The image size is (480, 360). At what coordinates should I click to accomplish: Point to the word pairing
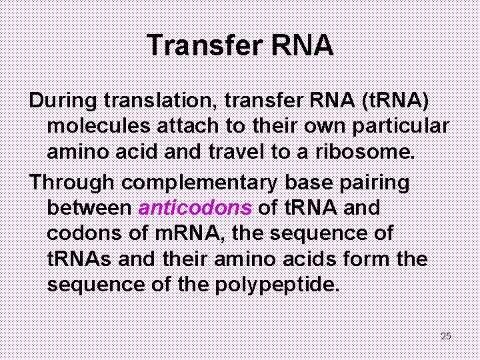[x=379, y=181]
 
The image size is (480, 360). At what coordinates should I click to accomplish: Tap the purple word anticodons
[x=195, y=207]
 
